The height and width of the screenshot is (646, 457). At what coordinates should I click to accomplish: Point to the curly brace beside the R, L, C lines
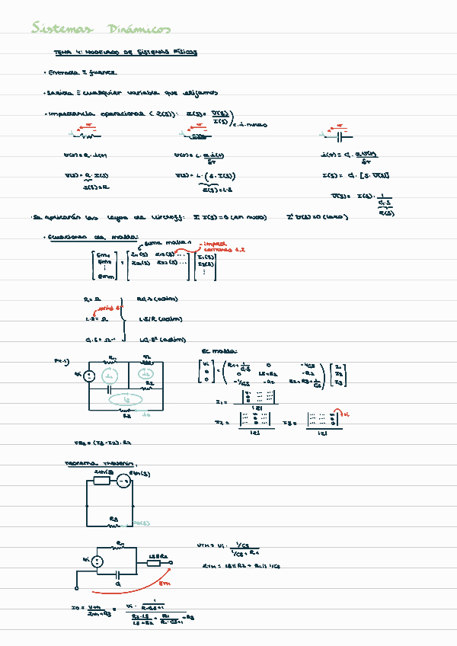pyautogui.click(x=125, y=318)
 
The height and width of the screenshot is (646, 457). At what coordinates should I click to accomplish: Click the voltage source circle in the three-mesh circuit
pyautogui.click(x=88, y=375)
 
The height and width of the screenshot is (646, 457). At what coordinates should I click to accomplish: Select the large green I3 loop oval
pyautogui.click(x=129, y=399)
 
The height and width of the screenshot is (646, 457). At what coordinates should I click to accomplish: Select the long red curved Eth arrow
pyautogui.click(x=129, y=587)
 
